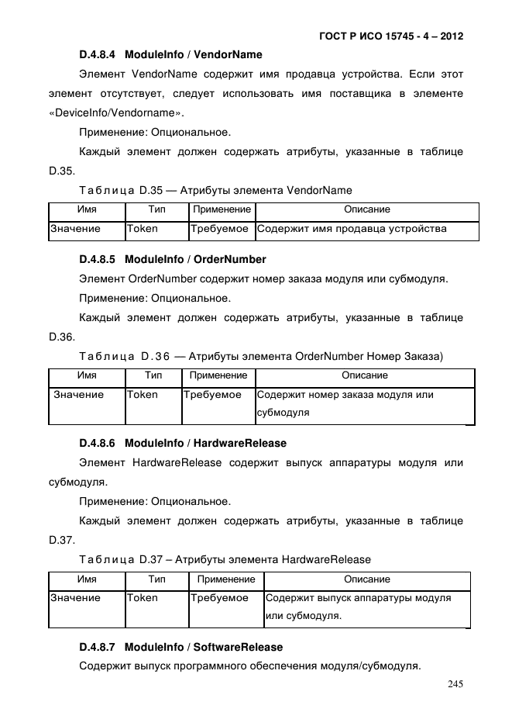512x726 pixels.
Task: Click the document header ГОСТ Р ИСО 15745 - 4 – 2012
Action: point(391,36)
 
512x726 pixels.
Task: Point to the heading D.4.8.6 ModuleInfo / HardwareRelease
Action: point(182,444)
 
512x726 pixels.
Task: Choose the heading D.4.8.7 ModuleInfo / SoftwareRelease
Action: point(180,647)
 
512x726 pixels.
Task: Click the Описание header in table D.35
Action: point(366,209)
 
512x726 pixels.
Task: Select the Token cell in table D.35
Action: point(143,229)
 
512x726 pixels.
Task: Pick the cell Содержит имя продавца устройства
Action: point(352,229)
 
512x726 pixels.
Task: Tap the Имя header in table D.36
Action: point(87,375)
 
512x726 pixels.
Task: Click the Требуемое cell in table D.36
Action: point(212,395)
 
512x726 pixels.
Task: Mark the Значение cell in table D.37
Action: point(75,598)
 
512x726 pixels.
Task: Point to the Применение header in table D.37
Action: point(225,579)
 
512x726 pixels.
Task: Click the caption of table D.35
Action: point(215,190)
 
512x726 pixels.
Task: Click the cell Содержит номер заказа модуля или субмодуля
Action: point(345,403)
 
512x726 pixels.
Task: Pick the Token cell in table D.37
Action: point(143,598)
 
